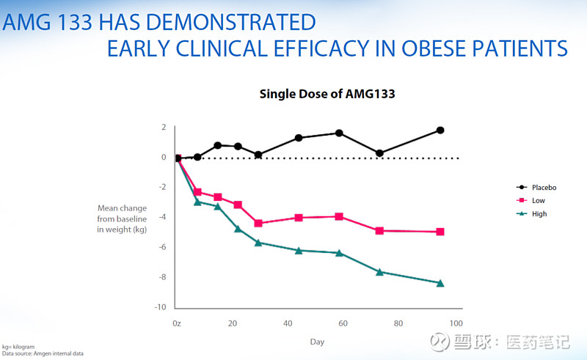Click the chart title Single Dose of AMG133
[x=327, y=94]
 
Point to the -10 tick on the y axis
[x=160, y=307]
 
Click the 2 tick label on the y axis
[x=164, y=128]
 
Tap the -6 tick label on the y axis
[x=161, y=247]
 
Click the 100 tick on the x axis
[x=455, y=323]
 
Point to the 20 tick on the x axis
[x=233, y=323]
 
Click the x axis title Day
[x=316, y=342]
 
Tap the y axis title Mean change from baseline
[x=122, y=218]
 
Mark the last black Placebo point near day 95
[x=440, y=131]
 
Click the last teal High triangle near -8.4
[x=440, y=283]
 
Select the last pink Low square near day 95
[x=440, y=232]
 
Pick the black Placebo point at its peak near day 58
[x=339, y=133]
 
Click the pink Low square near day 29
[x=258, y=223]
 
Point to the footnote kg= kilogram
[x=18, y=346]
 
